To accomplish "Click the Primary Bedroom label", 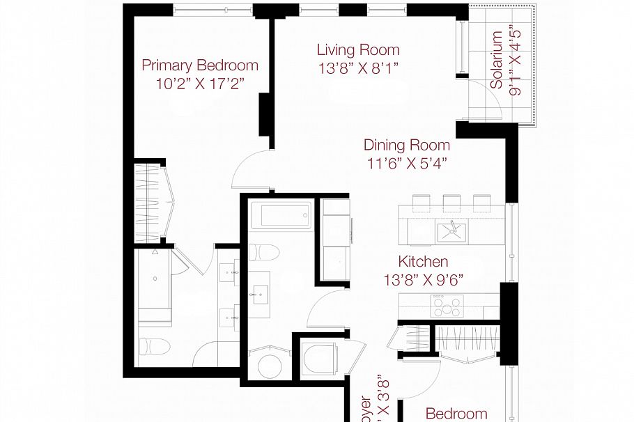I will (199, 65).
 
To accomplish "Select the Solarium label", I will (497, 61).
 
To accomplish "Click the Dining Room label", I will (406, 146).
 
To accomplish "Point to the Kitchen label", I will (422, 262).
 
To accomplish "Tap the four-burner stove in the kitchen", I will (447, 304).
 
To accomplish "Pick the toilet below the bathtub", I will (264, 251).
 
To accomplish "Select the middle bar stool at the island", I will (451, 201).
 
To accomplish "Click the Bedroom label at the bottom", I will (456, 414).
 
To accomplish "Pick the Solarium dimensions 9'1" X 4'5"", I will (516, 61).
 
